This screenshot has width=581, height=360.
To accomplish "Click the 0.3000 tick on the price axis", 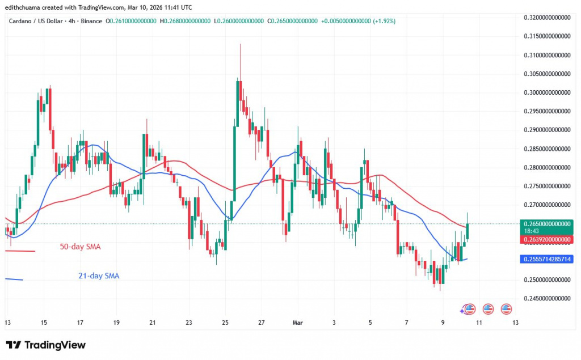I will [545, 92].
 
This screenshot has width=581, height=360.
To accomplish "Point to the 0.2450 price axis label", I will [545, 298].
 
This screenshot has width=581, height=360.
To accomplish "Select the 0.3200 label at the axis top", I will [545, 18].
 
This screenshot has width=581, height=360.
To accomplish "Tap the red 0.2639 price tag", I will [545, 240].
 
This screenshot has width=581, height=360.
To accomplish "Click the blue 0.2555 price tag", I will [545, 259].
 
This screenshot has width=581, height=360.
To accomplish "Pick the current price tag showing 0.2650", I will [545, 224].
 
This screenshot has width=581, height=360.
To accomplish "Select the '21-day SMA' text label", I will [99, 276].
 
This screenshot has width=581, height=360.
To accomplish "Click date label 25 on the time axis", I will [225, 323].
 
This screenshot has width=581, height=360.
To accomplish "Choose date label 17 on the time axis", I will [80, 323].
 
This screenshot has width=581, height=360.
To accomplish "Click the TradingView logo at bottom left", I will [45, 345].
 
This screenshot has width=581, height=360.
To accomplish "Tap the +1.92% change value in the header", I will [385, 21].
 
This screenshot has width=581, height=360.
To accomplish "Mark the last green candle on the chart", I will [468, 231].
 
